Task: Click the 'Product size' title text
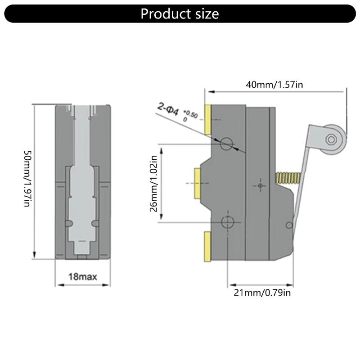180,13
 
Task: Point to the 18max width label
82,275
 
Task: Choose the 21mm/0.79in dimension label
262,293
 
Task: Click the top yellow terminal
209,119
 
